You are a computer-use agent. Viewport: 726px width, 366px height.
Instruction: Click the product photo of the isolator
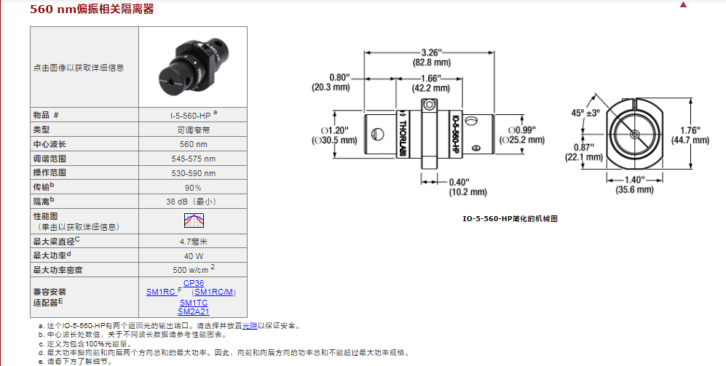coord(192,67)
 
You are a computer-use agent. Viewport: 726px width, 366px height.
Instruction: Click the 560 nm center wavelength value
coord(192,144)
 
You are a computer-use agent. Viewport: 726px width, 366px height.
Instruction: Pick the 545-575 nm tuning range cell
coord(192,159)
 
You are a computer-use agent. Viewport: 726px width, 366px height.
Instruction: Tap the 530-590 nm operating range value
coord(192,172)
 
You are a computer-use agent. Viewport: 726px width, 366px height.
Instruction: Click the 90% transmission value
coord(192,187)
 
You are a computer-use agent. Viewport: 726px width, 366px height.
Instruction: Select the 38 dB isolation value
coord(192,201)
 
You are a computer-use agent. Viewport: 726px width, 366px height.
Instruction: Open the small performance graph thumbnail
coord(193,220)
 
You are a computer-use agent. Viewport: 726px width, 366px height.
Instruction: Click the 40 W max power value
coord(192,255)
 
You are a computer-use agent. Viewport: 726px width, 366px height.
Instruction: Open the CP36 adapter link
coord(193,283)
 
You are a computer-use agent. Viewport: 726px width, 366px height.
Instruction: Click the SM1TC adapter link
coord(193,302)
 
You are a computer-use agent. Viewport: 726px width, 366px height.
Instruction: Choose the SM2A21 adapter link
coord(193,311)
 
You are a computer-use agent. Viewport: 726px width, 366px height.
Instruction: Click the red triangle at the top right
coord(703,4)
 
